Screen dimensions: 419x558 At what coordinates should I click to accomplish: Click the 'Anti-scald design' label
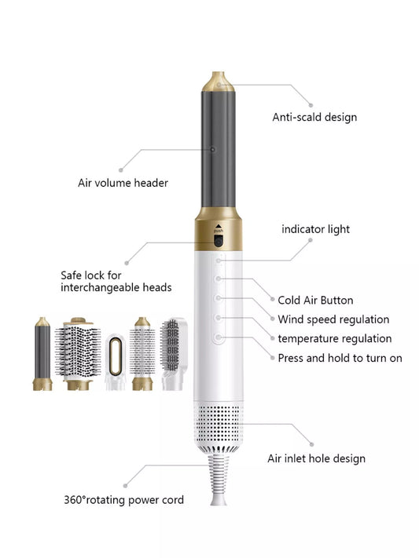[x=314, y=118]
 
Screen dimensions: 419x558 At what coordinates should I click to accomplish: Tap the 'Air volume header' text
[x=123, y=183]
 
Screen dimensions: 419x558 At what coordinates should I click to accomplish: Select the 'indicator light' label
[x=315, y=229]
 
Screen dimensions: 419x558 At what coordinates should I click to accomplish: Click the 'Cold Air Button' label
[x=315, y=301]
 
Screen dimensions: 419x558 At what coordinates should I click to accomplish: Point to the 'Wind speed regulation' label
[x=333, y=319]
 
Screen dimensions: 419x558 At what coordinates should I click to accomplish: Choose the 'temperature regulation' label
[x=335, y=339]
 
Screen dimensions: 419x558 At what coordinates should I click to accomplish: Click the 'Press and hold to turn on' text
[x=340, y=358]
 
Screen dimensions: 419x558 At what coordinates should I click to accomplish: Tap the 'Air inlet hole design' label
[x=316, y=458]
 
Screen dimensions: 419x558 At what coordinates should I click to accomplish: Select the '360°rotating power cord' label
[x=123, y=500]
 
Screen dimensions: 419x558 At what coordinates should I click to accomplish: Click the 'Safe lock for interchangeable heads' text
[x=116, y=282]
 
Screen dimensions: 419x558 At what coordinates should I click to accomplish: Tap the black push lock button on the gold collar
[x=219, y=241]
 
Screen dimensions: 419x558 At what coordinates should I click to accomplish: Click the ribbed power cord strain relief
[x=219, y=479]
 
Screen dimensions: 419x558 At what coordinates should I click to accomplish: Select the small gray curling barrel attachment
[x=42, y=354]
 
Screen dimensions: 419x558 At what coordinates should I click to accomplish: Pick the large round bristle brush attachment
[x=78, y=354]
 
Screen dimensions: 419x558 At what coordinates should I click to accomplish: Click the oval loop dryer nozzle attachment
[x=116, y=361]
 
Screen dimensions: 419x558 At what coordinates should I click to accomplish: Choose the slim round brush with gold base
[x=142, y=354]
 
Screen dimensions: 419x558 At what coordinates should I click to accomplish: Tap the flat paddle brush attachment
[x=173, y=354]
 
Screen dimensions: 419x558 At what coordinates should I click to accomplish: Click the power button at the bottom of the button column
[x=219, y=337]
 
